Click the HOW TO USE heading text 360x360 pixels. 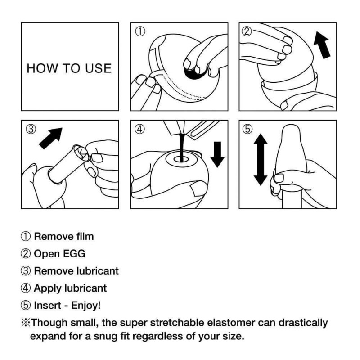pos(69,68)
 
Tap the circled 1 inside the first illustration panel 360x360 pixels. pos(141,32)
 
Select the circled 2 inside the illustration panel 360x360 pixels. pos(247,31)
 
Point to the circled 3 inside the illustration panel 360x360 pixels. pos(31,129)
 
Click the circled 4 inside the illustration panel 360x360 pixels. pos(140,129)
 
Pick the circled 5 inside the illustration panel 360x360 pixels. pos(247,129)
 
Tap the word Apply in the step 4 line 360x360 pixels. pos(47,288)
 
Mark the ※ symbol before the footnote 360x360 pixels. pos(26,323)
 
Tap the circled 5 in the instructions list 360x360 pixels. pos(26,305)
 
